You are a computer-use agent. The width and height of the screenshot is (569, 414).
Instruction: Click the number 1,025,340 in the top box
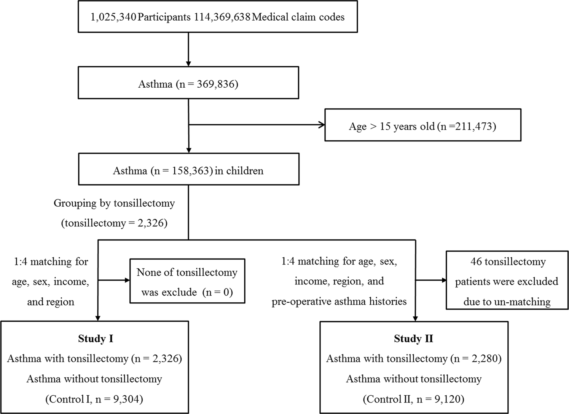coord(113,17)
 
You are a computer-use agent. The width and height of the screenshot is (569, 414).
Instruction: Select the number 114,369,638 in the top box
coord(222,17)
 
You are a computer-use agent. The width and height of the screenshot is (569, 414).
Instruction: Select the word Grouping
coord(75,204)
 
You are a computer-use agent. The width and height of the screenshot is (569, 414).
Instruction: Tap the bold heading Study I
coord(96,339)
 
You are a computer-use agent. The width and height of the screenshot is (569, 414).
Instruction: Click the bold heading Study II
coord(413,339)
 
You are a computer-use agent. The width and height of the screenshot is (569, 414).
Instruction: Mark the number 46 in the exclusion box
coord(476,262)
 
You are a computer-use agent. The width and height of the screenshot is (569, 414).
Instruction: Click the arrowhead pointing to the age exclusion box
coord(322,125)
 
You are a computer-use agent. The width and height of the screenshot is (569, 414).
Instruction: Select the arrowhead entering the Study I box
coord(98,318)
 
